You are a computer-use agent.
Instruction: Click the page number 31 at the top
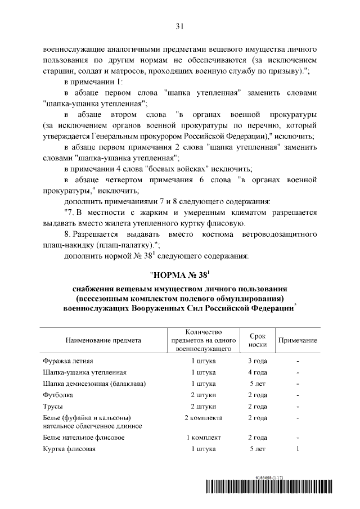(x=180, y=26)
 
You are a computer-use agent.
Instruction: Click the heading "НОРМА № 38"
(x=179, y=276)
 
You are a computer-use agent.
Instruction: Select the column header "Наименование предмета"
(x=103, y=341)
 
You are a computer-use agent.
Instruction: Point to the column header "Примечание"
(x=298, y=341)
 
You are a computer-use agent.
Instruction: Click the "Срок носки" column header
(x=257, y=340)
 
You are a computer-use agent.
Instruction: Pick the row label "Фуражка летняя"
(x=68, y=361)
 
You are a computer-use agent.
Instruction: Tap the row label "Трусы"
(x=53, y=406)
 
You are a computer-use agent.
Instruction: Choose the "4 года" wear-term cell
(x=257, y=372)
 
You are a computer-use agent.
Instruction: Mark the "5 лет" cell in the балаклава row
(x=257, y=384)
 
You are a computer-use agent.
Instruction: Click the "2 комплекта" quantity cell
(x=203, y=418)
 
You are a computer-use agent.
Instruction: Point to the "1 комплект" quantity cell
(x=203, y=438)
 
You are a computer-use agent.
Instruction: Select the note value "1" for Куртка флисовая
(x=298, y=449)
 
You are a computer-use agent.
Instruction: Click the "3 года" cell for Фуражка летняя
(x=257, y=361)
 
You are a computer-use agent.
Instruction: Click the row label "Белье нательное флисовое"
(x=84, y=438)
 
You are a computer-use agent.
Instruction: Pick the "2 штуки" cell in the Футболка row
(x=203, y=395)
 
